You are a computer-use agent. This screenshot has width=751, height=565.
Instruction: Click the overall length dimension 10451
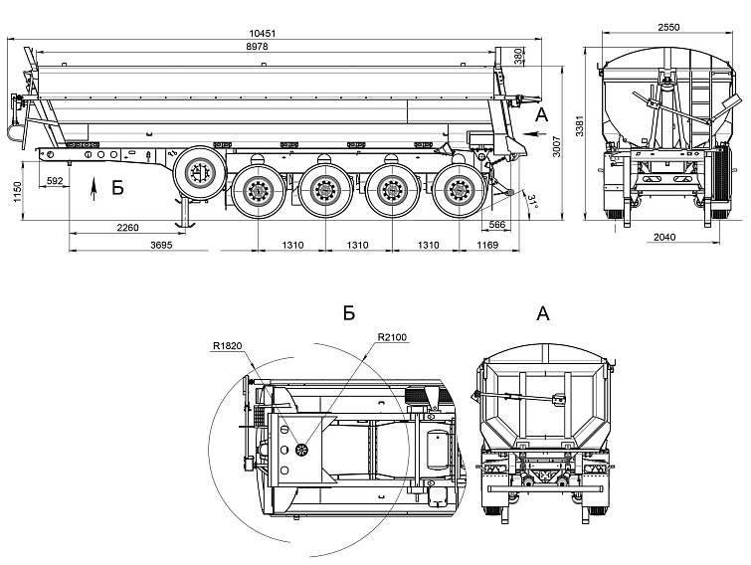(x=262, y=32)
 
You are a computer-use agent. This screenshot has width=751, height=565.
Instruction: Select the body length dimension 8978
(x=262, y=47)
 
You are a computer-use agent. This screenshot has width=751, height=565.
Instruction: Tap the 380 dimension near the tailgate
(x=519, y=58)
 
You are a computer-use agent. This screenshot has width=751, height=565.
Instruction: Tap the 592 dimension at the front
(x=56, y=180)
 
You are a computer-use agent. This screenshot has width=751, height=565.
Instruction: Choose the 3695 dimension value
(x=162, y=245)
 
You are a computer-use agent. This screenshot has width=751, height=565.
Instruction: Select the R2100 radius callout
(x=391, y=336)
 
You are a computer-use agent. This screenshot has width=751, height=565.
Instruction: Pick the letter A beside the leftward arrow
(x=541, y=116)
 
